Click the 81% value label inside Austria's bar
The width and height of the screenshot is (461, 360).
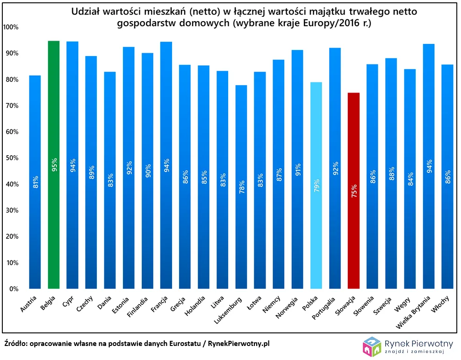pyautogui.click(x=35, y=182)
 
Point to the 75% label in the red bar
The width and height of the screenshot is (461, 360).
pyautogui.click(x=354, y=192)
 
